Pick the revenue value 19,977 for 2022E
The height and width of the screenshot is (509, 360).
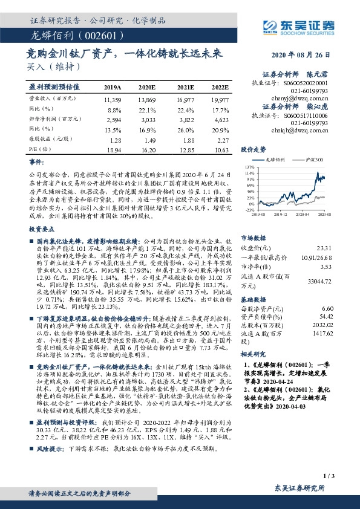point(220,99)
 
